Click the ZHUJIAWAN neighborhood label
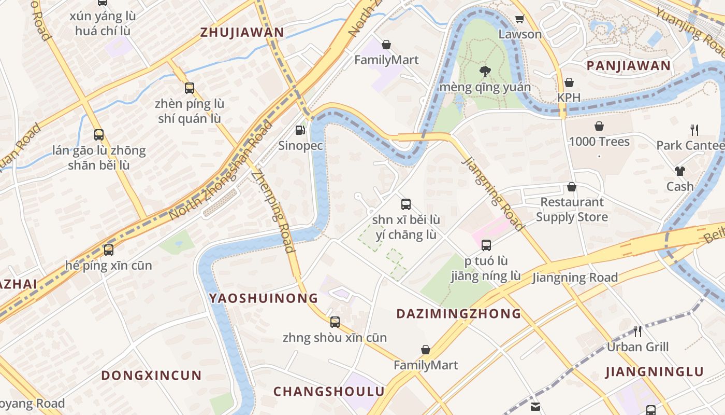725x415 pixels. coord(242,33)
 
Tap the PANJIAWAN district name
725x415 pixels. coord(628,66)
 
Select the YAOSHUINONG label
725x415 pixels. coord(264,298)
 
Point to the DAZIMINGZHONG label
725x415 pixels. coord(459,313)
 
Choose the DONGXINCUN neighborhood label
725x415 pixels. coord(151,376)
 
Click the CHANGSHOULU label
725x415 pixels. coord(329,391)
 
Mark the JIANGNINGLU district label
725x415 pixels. coord(655,372)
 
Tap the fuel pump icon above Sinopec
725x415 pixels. coord(300,130)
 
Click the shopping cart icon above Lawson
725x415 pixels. coord(519,19)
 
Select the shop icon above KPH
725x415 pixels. coord(569,82)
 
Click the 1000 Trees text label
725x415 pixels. coord(599,142)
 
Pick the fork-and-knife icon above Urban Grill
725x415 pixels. coord(637,331)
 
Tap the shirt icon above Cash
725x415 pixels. coord(679,171)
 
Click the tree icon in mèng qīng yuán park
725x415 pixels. coord(485,71)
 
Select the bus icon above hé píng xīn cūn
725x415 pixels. coord(108,250)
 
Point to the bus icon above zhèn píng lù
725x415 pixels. coord(190,88)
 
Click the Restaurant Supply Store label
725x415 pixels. coord(572,209)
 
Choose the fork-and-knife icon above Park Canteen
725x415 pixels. coord(694,130)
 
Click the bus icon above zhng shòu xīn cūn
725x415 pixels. coord(335,322)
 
